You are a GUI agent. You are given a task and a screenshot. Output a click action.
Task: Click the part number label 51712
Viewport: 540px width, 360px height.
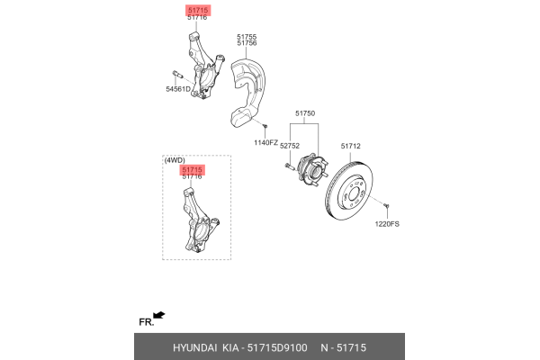(x=351, y=146)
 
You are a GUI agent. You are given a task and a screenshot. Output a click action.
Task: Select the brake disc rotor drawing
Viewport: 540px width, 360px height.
(x=349, y=190)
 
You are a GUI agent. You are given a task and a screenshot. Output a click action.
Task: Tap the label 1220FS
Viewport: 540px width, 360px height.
(x=387, y=224)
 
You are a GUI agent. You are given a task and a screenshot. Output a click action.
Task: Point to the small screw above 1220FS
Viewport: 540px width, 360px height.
(x=386, y=206)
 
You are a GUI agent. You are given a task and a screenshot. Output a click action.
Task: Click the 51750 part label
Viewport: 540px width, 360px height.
(x=305, y=113)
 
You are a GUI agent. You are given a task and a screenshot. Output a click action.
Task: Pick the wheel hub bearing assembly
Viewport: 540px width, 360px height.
(x=312, y=169)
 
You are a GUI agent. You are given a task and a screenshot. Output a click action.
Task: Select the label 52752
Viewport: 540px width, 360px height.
(x=290, y=146)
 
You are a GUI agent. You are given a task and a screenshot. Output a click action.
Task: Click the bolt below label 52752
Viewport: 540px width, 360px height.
(x=289, y=166)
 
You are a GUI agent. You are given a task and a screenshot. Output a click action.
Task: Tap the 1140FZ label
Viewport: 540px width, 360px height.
(x=265, y=142)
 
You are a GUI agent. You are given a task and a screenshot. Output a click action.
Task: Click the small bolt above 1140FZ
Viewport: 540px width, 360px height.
(x=265, y=126)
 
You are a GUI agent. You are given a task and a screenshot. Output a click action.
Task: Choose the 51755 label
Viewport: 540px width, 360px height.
(x=247, y=37)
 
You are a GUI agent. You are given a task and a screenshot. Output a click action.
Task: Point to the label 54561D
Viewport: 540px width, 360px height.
(x=178, y=89)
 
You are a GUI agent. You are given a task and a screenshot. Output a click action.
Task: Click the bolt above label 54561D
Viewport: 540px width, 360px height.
(x=177, y=75)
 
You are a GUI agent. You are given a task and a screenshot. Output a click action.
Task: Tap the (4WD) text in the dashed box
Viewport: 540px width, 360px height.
(x=175, y=160)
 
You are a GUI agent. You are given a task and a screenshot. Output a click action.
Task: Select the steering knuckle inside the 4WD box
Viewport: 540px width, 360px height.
(x=201, y=220)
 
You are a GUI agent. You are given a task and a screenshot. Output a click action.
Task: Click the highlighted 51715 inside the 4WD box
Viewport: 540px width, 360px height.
(x=193, y=169)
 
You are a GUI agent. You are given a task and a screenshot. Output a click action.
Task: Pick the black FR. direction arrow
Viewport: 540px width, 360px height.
(x=158, y=315)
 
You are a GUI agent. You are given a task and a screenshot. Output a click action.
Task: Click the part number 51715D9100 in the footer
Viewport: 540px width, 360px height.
(x=277, y=348)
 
